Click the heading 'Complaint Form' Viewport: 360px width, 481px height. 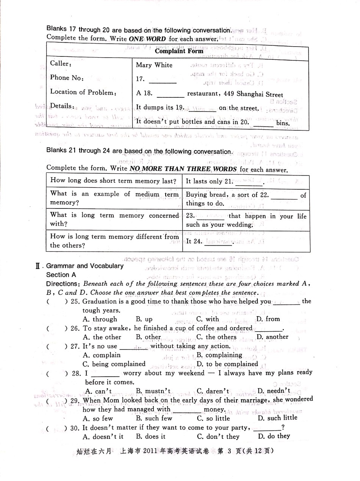(x=179, y=51)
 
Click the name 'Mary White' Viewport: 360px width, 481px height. (x=154, y=65)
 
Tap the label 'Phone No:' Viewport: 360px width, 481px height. (x=67, y=78)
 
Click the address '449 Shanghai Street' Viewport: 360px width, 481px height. (x=254, y=95)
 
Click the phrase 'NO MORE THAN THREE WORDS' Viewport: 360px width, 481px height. (x=183, y=169)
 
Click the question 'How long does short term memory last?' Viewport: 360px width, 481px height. (x=113, y=181)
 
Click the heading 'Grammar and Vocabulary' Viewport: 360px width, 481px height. (x=85, y=266)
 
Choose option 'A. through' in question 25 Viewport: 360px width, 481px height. (x=100, y=319)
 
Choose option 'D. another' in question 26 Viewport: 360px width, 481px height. (x=272, y=337)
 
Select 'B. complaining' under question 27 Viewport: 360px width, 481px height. (x=219, y=355)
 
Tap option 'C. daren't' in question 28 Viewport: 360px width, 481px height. (x=213, y=391)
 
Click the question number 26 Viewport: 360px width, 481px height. (x=75, y=328)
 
